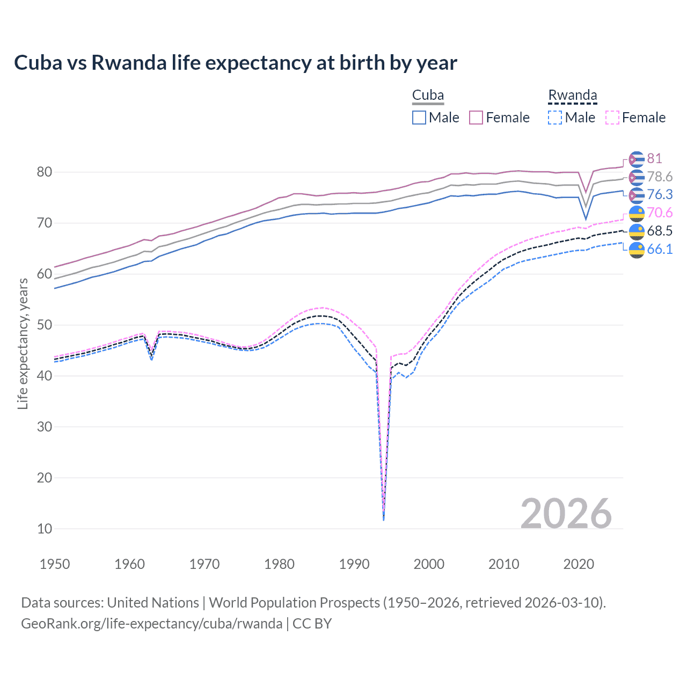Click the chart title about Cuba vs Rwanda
click(235, 63)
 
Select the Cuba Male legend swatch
click(419, 118)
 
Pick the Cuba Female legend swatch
click(476, 118)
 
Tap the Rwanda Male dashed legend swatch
click(555, 118)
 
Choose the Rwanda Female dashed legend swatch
click(612, 118)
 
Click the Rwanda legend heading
click(572, 96)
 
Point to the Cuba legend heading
click(428, 96)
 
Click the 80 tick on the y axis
click(45, 172)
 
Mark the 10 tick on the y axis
click(45, 529)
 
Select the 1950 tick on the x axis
click(55, 564)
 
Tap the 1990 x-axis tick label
click(354, 564)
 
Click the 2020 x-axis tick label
click(579, 564)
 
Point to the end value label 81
click(654, 158)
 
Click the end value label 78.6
click(660, 177)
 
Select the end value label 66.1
click(660, 249)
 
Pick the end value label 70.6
click(660, 213)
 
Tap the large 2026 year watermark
click(566, 514)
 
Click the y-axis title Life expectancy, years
click(23, 343)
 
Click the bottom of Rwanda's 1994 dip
click(383, 519)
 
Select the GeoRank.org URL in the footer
click(151, 624)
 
